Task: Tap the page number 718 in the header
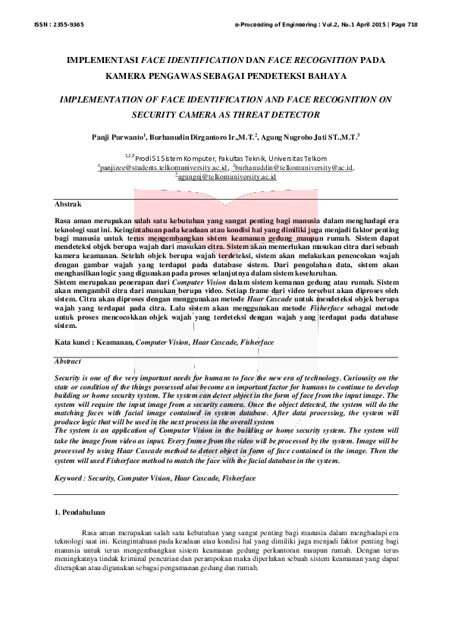pyautogui.click(x=410, y=24)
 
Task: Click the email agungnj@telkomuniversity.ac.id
pyautogui.click(x=226, y=176)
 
